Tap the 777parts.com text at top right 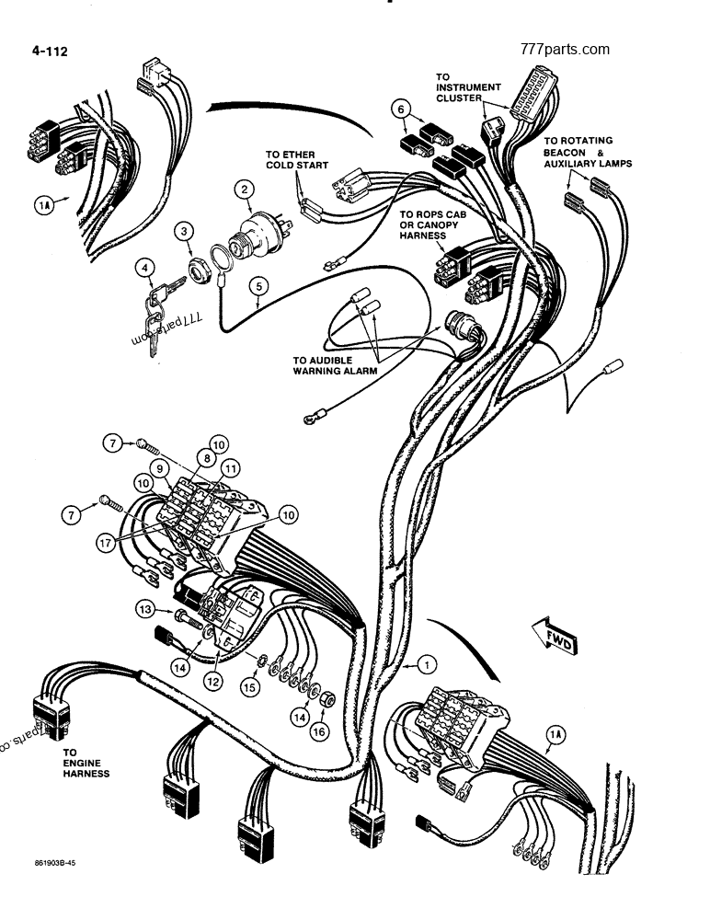pos(565,49)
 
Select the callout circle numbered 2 pos(244,190)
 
